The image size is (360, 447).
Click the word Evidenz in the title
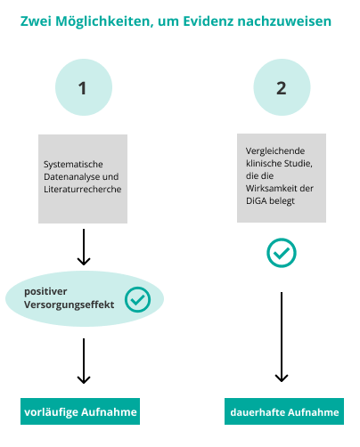pos(208,21)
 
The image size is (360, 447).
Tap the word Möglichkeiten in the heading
pos(104,22)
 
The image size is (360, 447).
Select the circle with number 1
pos(84,87)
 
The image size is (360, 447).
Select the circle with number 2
pos(282,87)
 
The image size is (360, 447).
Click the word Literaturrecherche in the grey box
pos(82,189)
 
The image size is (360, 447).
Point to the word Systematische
pos(73,164)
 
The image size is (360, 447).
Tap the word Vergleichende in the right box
pos(275,151)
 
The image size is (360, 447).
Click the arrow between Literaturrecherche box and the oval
pos(84,247)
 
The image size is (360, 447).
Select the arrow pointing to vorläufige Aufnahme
pos(84,361)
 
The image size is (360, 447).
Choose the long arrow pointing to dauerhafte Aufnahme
pos(282,337)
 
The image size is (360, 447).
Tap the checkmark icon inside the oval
pos(137,299)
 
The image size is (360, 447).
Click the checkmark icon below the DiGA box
pos(282,253)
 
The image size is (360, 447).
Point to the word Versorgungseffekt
pos(69,305)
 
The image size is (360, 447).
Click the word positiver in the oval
pos(45,292)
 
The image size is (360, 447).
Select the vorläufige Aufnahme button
pos(80,411)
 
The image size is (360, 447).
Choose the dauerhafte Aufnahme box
pos(284,411)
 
